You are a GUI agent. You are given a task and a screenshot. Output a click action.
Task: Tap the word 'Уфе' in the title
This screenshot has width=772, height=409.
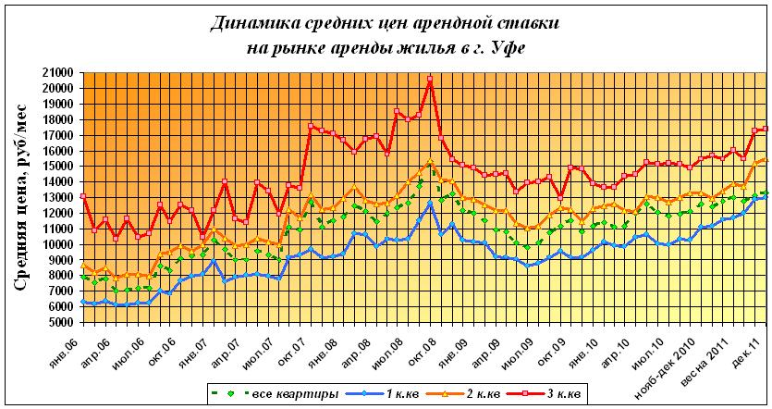click(x=511, y=47)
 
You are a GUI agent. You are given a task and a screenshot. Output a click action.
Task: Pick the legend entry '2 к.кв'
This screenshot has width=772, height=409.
click(x=483, y=394)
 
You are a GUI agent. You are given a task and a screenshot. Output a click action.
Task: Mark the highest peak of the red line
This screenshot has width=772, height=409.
click(x=430, y=80)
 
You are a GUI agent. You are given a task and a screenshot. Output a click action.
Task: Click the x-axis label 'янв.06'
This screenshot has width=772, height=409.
click(x=73, y=343)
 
